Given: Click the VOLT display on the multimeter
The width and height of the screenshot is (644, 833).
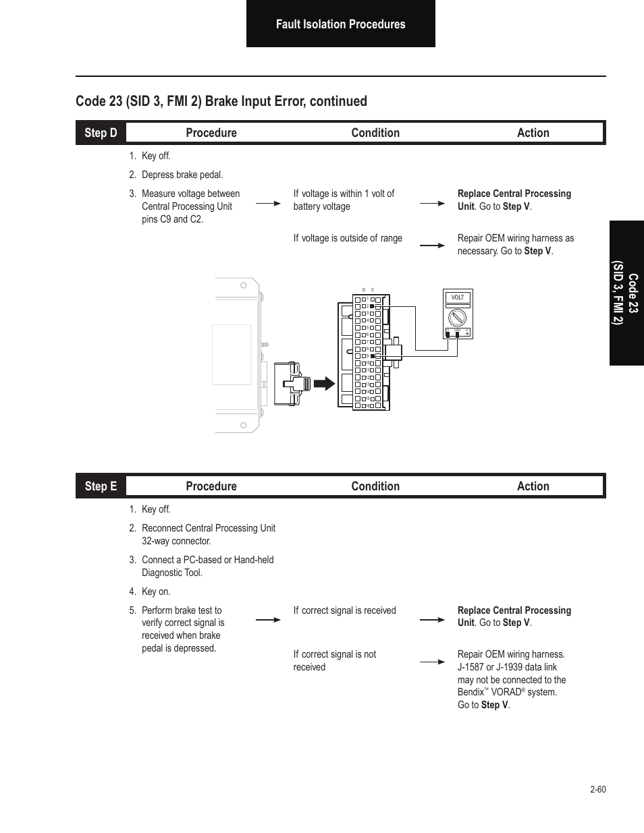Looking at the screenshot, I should pyautogui.click(x=458, y=297).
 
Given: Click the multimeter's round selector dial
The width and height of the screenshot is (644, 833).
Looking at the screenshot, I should pyautogui.click(x=458, y=316).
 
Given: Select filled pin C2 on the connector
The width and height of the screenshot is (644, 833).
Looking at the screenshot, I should pyautogui.click(x=372, y=306).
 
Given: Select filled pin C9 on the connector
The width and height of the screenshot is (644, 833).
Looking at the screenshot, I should pyautogui.click(x=372, y=355).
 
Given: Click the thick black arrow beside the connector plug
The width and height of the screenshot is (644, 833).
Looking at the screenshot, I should pyautogui.click(x=325, y=384).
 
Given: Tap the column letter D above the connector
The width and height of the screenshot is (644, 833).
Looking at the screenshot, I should pyautogui.click(x=364, y=290).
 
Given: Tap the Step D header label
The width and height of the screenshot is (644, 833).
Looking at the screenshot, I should pyautogui.click(x=101, y=133).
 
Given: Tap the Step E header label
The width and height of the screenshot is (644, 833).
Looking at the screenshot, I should pyautogui.click(x=101, y=486).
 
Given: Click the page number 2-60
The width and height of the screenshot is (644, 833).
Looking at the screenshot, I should pyautogui.click(x=597, y=789).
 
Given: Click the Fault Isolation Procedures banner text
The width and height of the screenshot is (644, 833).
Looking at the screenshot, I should pyautogui.click(x=340, y=24).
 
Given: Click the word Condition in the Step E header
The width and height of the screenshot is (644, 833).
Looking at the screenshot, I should pyautogui.click(x=375, y=486).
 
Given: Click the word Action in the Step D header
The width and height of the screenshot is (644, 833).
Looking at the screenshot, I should pyautogui.click(x=533, y=133).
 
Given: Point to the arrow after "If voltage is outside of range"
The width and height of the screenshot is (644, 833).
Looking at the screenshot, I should pyautogui.click(x=432, y=246).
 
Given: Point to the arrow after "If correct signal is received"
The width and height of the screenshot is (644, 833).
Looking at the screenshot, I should pyautogui.click(x=432, y=620).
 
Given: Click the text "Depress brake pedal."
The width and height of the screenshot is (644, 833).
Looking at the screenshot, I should pyautogui.click(x=182, y=175).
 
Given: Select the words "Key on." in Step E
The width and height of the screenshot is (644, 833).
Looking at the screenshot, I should pyautogui.click(x=156, y=592).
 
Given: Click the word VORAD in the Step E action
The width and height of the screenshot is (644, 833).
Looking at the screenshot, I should pyautogui.click(x=506, y=693).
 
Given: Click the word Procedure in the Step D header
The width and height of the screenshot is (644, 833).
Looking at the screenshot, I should pyautogui.click(x=211, y=133).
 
